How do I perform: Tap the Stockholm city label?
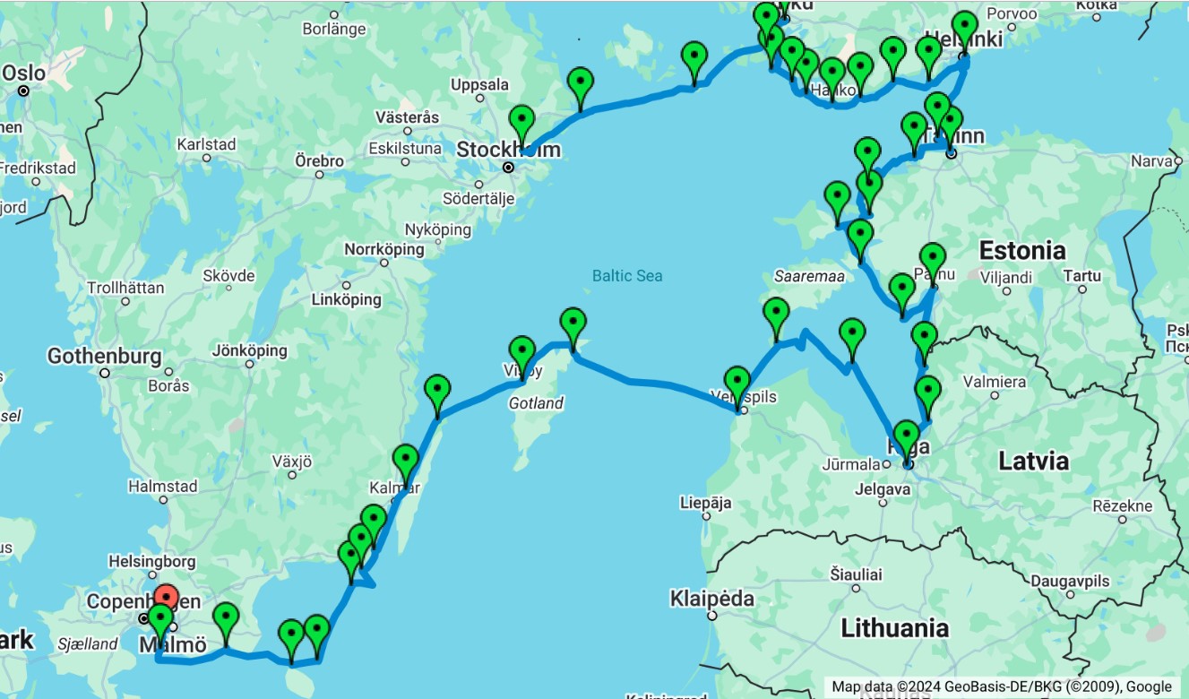tap(508, 150)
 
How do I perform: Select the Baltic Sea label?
tap(627, 275)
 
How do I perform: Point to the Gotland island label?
tap(536, 403)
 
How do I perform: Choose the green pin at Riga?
tap(906, 436)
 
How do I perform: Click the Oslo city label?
tap(23, 72)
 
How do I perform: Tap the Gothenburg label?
tap(104, 357)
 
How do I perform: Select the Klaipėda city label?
tap(712, 598)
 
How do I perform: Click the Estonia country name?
tap(1022, 250)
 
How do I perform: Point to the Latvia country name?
tap(1033, 462)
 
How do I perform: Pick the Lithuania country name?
tap(894, 628)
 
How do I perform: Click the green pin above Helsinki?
tap(964, 27)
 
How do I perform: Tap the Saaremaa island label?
tap(809, 276)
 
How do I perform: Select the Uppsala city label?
tap(479, 85)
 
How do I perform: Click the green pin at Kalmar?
tap(405, 460)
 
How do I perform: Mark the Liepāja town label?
tap(706, 502)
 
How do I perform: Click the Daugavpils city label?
tap(1070, 581)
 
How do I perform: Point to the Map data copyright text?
tap(1002, 686)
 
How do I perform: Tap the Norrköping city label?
tap(384, 248)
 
